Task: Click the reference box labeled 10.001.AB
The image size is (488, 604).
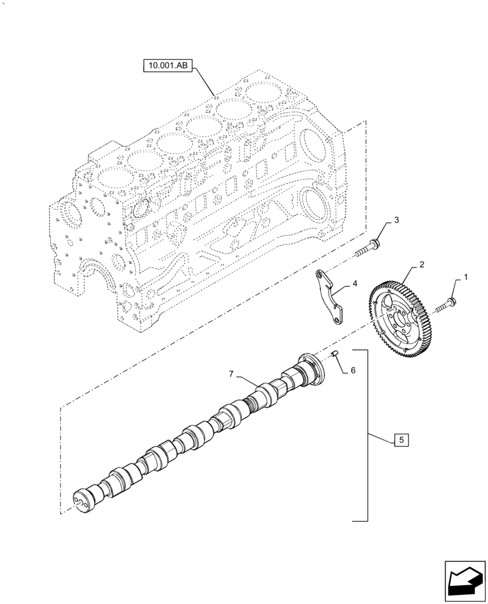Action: [x=167, y=66]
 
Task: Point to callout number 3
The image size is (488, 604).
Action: [x=355, y=283]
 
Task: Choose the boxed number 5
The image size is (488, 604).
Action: [x=353, y=370]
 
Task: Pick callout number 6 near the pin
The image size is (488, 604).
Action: [x=231, y=375]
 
